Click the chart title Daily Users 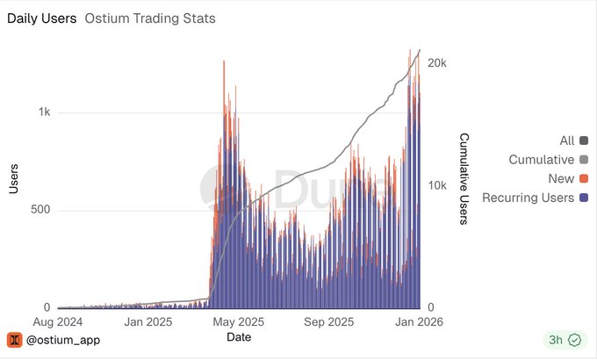pos(41,18)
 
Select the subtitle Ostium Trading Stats pos(150,18)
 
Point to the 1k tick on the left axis pos(43,112)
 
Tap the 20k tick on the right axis pos(436,63)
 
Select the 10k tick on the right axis pos(436,185)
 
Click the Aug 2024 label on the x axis pos(57,321)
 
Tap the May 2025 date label pos(239,321)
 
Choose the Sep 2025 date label pos(329,321)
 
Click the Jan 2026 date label pos(419,321)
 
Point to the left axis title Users pos(14,177)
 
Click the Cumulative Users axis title pos(464,179)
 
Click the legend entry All pos(567,140)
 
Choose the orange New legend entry pos(562,179)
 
